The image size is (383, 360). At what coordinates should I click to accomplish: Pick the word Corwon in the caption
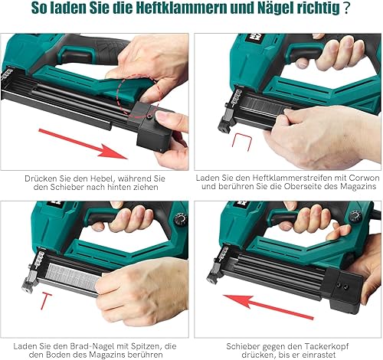(353, 178)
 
